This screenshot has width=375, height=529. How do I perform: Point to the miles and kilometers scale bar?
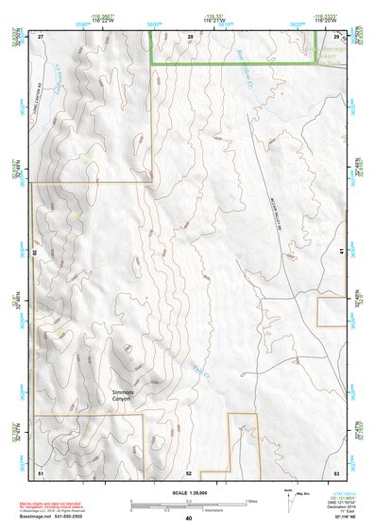click(x=189, y=503)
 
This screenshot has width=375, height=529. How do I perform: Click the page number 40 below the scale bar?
click(x=189, y=519)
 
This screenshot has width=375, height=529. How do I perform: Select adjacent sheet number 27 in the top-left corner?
click(x=41, y=35)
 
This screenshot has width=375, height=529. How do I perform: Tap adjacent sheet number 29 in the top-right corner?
click(x=336, y=35)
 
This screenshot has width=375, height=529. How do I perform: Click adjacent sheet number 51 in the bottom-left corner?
click(x=41, y=471)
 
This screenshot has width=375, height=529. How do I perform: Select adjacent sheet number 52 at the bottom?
click(x=189, y=471)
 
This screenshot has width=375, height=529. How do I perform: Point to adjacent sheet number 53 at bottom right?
click(x=336, y=471)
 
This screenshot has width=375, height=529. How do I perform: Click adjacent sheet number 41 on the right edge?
click(x=338, y=251)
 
